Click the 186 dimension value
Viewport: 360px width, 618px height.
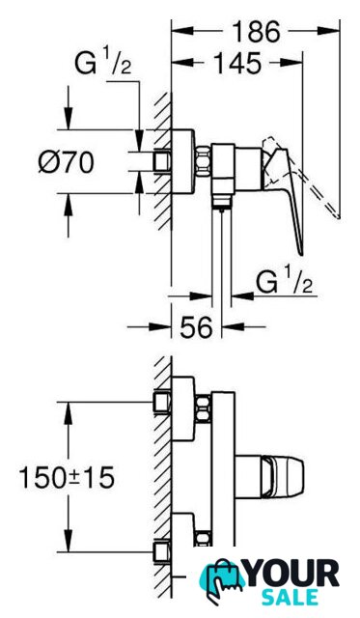click(x=256, y=31)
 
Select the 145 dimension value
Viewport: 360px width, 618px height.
click(x=237, y=63)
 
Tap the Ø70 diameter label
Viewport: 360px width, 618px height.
click(x=67, y=162)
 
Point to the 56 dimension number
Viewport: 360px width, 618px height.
click(x=196, y=326)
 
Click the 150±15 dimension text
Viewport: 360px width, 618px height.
click(x=67, y=477)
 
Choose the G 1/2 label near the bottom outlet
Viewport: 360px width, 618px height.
click(x=285, y=281)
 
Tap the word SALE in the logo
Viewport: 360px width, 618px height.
click(x=291, y=597)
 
